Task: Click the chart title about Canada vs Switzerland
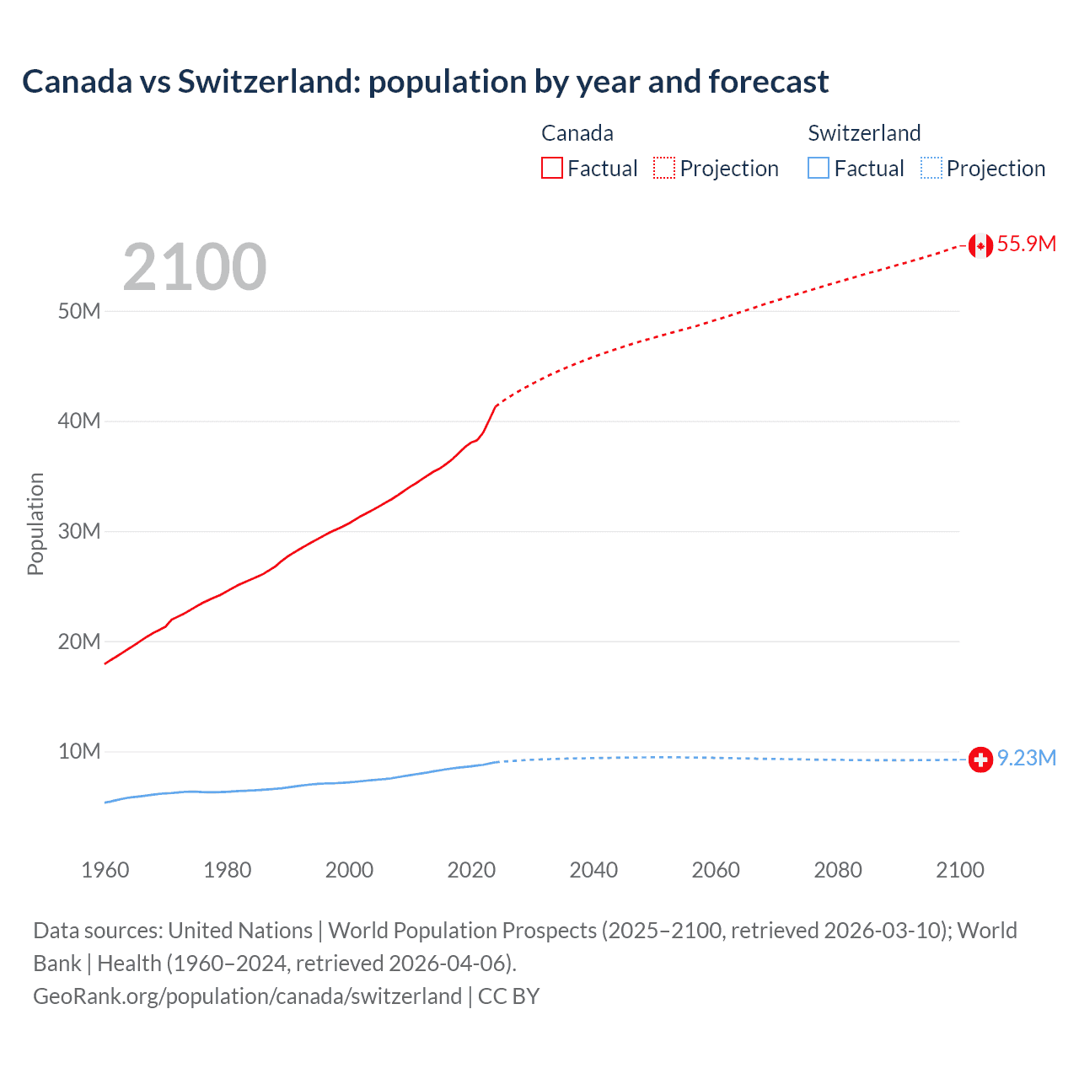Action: pos(425,82)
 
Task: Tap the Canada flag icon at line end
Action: pos(980,245)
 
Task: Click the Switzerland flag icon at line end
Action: pos(980,760)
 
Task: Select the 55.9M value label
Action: pos(1026,244)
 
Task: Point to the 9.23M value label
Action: pos(1026,759)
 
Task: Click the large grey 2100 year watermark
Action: pos(195,267)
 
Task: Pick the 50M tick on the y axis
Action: pos(79,312)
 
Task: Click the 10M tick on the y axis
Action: pos(79,752)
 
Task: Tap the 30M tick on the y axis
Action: pos(79,532)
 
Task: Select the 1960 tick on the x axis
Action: pos(105,870)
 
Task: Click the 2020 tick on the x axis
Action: pos(471,870)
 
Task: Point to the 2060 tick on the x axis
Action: pos(716,870)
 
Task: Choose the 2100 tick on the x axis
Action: pos(959,870)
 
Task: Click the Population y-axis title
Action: pos(35,523)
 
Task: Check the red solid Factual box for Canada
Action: pos(552,169)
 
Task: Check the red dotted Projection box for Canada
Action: pos(664,169)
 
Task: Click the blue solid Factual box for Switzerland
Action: pos(819,169)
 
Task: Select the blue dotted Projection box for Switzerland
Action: pos(931,169)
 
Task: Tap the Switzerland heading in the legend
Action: pos(864,133)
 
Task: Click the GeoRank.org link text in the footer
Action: pos(247,996)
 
